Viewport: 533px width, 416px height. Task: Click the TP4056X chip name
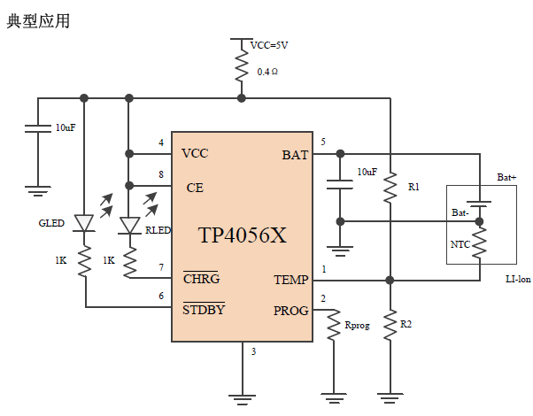(x=242, y=235)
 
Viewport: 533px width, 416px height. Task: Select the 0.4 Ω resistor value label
(x=268, y=71)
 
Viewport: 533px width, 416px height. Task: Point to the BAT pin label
(x=295, y=155)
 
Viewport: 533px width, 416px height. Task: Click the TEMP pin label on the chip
(x=290, y=280)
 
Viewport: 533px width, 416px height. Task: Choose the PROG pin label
(x=290, y=311)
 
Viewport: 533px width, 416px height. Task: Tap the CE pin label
(x=196, y=188)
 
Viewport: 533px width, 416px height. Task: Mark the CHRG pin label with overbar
(x=201, y=280)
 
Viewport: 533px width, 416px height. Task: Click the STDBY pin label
(x=204, y=310)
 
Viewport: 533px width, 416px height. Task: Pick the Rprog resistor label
(x=359, y=327)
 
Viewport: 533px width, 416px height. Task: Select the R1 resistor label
(x=413, y=188)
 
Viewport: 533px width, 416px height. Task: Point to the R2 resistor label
(x=406, y=325)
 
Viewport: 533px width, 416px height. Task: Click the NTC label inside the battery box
(x=460, y=243)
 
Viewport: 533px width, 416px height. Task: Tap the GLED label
(x=51, y=223)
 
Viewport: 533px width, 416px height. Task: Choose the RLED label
(x=158, y=229)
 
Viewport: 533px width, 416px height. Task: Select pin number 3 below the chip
(x=253, y=351)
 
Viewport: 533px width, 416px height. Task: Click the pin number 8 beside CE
(x=160, y=174)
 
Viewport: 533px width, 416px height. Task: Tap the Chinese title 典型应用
(x=38, y=20)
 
